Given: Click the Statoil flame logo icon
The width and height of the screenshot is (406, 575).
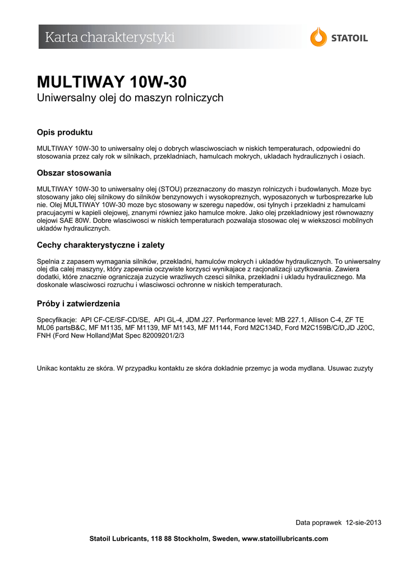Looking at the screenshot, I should pos(319,37).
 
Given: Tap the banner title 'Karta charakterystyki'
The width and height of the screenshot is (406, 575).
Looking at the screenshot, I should pos(110,38).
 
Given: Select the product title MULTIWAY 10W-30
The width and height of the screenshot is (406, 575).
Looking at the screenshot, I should pos(112,81).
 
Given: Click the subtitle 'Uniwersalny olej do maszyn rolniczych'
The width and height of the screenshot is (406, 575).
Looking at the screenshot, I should pos(130,98).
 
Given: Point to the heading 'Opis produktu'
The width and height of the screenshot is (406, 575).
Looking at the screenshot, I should pos(64,133).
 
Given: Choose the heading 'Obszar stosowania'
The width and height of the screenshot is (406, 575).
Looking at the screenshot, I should pos(74,172).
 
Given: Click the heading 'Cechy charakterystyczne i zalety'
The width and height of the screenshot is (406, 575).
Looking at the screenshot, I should pos(100,245).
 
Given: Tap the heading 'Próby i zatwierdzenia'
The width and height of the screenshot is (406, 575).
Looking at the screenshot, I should pos(78,304).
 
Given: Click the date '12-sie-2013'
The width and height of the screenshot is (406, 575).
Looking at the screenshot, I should pos(364,522).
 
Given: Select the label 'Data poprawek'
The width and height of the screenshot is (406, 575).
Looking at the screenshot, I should pos(319,522).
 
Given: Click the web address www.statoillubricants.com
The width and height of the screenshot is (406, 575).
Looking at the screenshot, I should pos(284,539).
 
